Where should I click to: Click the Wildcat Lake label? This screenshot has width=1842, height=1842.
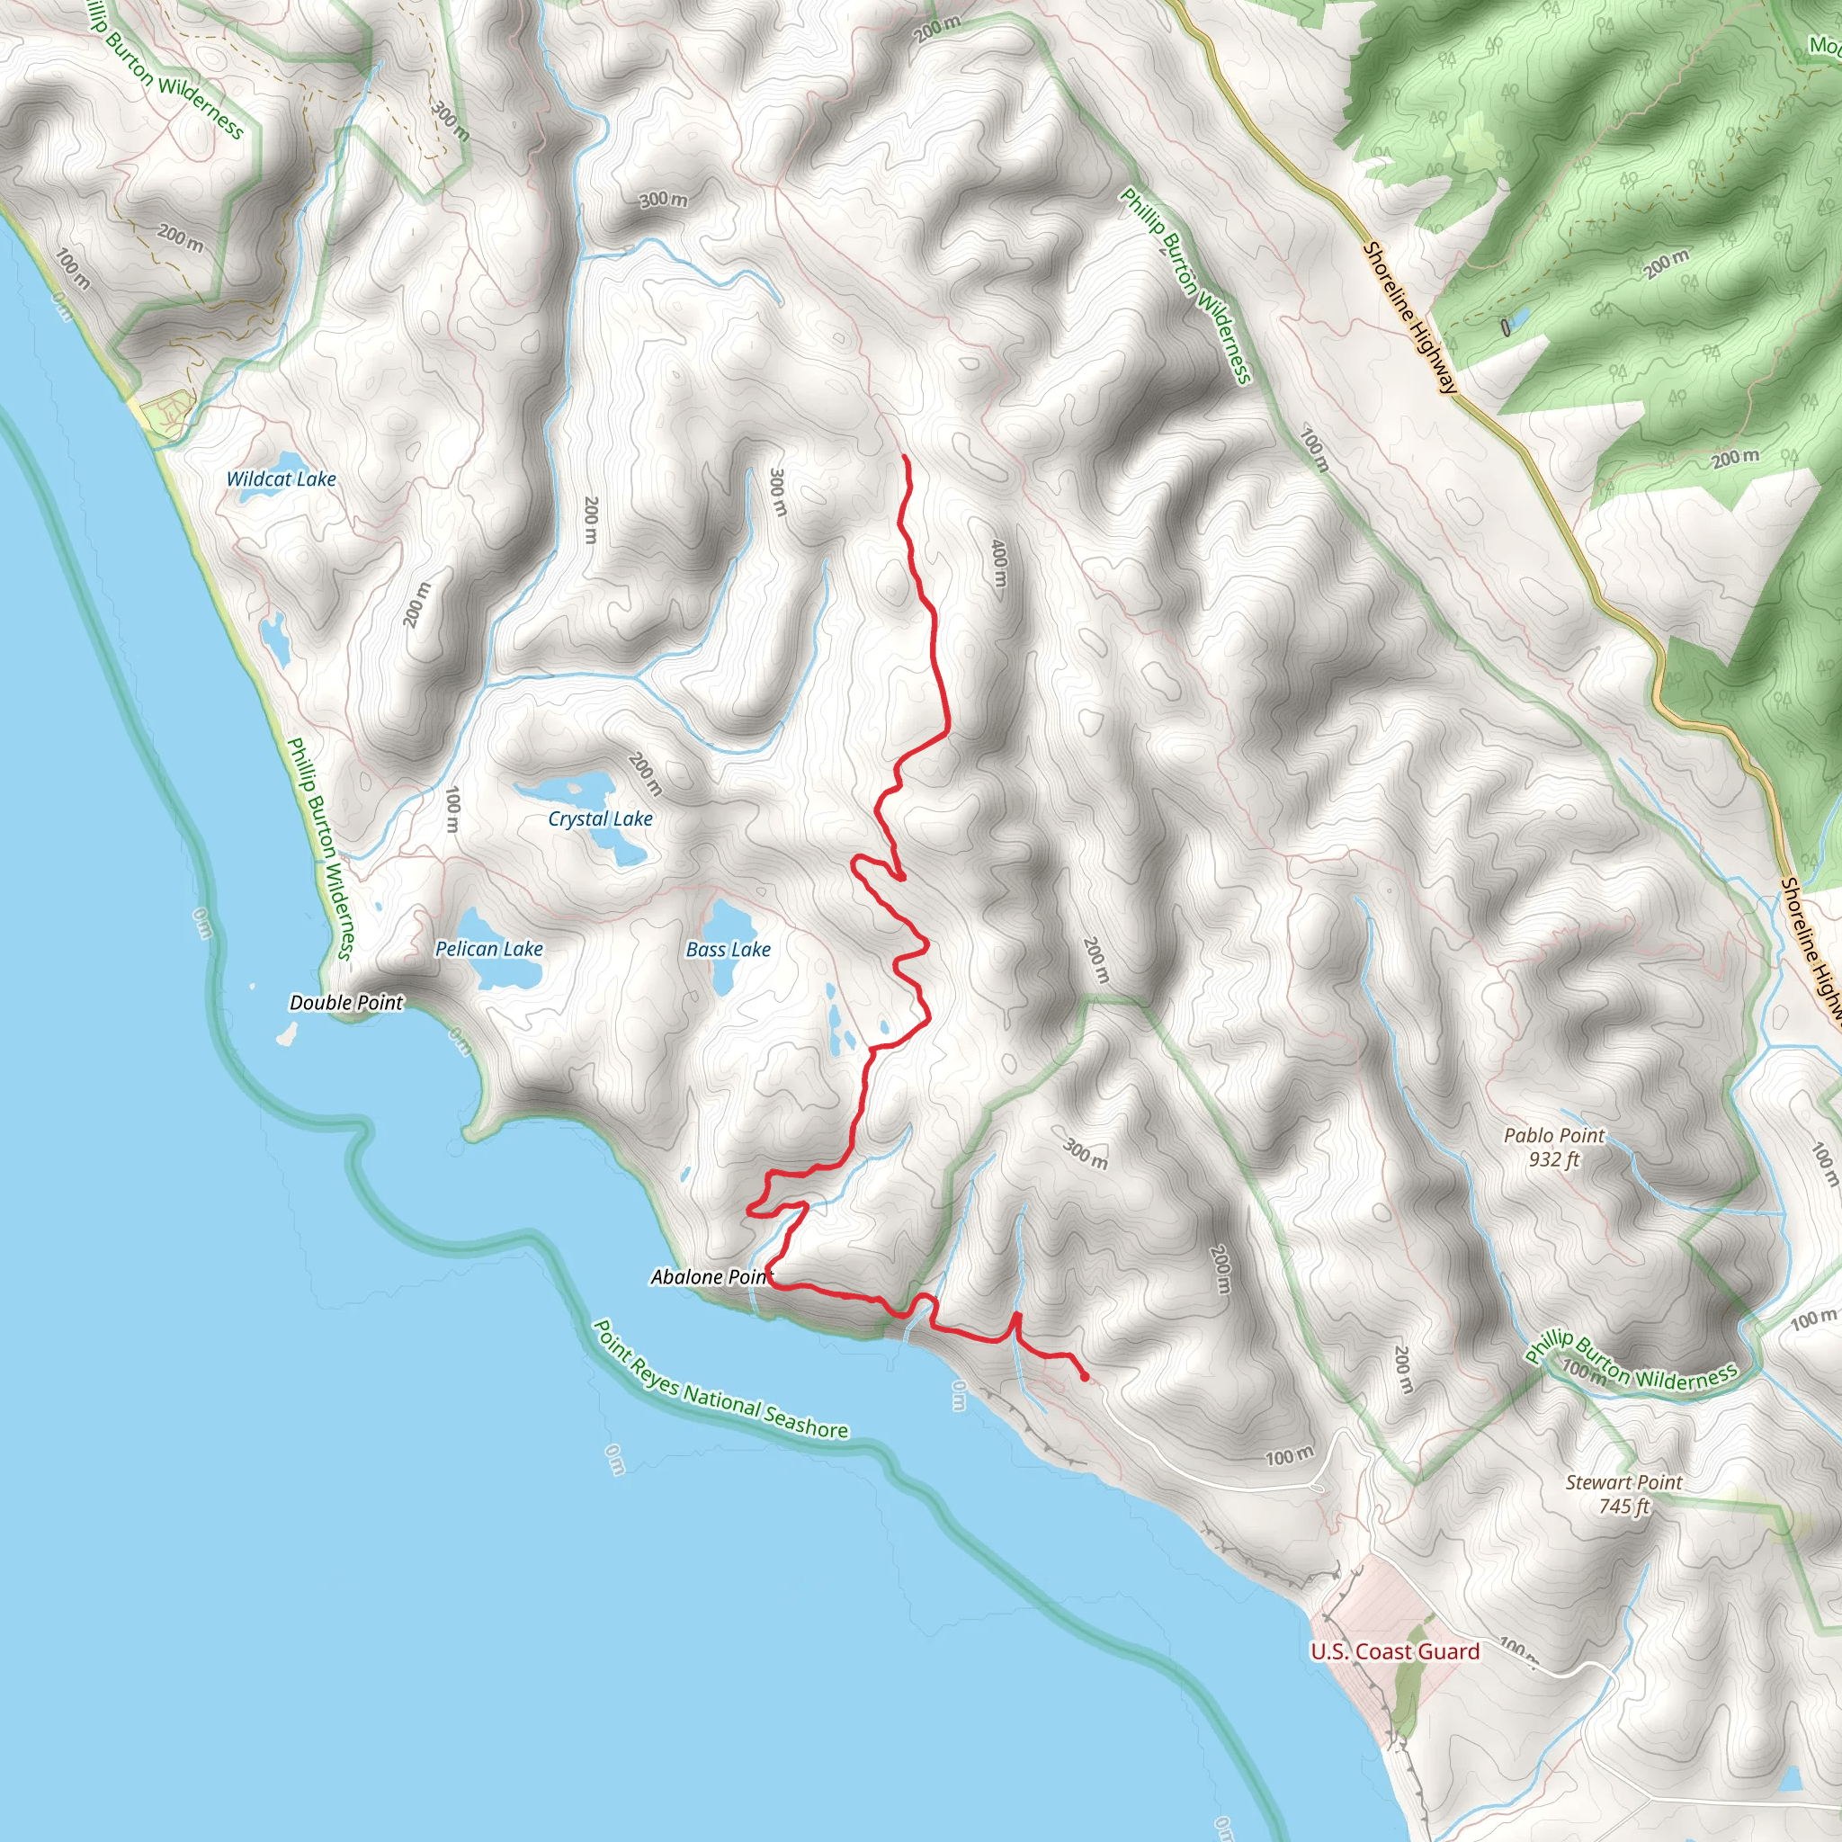click(282, 478)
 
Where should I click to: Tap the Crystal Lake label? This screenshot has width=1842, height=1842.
click(600, 818)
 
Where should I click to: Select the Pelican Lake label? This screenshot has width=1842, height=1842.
click(489, 949)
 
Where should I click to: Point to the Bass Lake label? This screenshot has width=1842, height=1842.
click(728, 950)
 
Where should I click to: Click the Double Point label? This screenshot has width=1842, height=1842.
click(346, 1002)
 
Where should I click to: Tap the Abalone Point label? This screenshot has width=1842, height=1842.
click(711, 1276)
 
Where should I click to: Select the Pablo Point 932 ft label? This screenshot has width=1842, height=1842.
click(1554, 1147)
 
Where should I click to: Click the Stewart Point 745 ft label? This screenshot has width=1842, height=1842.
click(1623, 1494)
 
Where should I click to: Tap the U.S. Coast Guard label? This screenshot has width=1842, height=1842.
click(1395, 1651)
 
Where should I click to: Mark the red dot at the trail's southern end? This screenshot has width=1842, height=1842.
click(1084, 1377)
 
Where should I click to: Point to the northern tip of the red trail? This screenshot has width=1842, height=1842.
click(905, 459)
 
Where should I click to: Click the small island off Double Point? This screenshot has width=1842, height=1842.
click(286, 1034)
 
